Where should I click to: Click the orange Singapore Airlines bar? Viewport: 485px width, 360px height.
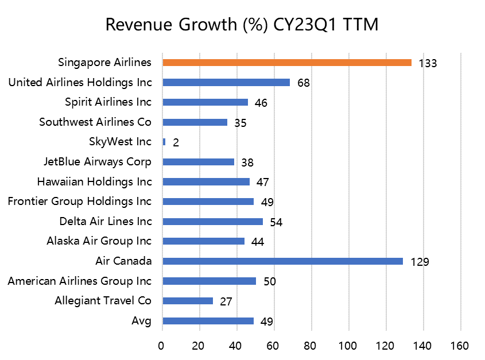287,63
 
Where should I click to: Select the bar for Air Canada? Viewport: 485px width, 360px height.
282,261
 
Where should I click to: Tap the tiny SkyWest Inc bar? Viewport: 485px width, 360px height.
164,142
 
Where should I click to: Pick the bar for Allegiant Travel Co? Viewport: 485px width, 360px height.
188,301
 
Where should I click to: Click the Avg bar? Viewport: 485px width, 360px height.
208,321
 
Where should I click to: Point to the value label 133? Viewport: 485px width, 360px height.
428,63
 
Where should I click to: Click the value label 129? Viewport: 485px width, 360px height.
420,262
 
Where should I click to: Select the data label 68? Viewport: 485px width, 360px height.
304,83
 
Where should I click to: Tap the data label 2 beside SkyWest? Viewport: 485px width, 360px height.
176,143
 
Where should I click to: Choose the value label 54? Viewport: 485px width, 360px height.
276,222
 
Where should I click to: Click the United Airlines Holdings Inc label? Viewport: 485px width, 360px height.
80,83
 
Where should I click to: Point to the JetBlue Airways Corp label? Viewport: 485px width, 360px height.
98,162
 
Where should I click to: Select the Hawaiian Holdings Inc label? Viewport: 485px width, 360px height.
95,182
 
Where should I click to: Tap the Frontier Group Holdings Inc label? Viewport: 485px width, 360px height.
80,202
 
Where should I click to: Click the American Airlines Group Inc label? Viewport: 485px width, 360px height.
80,281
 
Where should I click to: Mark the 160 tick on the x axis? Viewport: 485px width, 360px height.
460,346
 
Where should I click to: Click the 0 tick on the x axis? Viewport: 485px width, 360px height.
162,346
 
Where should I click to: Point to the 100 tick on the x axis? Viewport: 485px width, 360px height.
348,346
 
